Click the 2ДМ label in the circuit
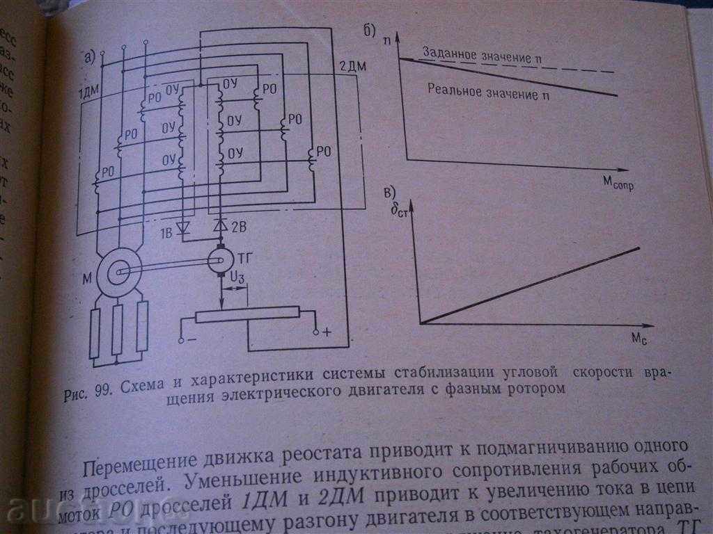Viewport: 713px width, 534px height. coord(352,67)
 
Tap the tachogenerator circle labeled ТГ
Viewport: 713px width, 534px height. coord(221,260)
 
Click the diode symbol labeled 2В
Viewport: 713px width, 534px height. coord(221,225)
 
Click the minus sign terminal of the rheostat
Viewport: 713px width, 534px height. coord(182,340)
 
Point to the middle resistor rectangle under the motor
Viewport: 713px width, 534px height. coord(118,330)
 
